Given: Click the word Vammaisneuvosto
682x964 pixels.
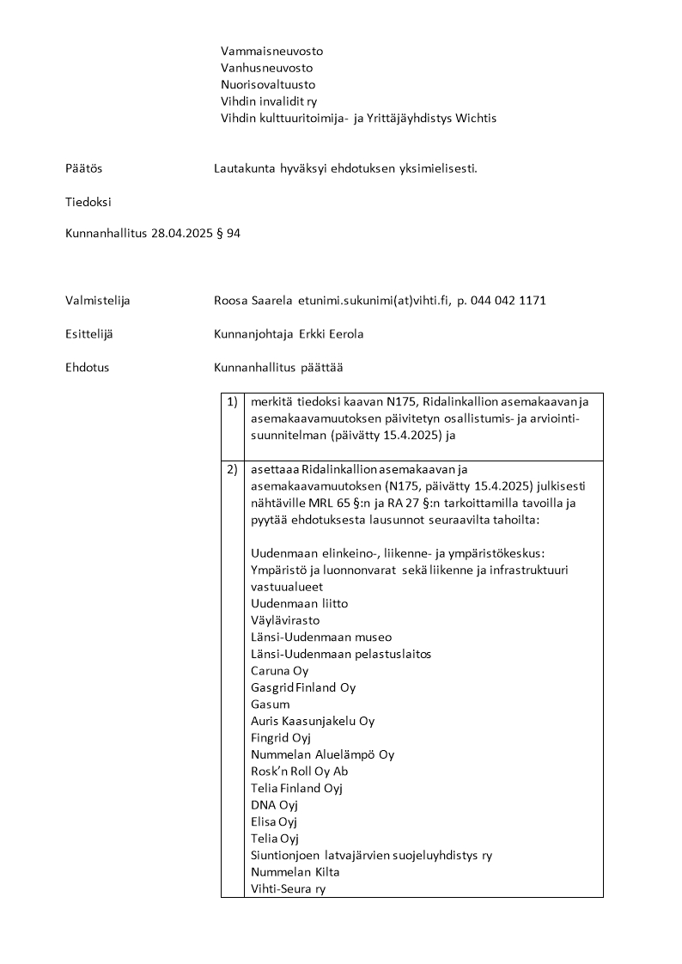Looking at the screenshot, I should coord(271,51).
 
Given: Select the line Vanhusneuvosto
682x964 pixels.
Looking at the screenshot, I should coord(266,68).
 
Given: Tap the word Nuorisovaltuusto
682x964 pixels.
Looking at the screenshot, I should coord(268,85).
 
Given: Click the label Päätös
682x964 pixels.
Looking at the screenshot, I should coord(83,168).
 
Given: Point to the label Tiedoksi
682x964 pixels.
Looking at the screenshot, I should coord(88,203).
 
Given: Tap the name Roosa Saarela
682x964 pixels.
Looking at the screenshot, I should coord(253,301).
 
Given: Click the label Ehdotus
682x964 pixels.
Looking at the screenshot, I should coord(87,368).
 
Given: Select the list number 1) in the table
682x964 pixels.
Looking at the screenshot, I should coord(232,401).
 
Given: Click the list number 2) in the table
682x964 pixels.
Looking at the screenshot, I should coord(232,469).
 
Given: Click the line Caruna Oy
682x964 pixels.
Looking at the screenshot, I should coord(279,671).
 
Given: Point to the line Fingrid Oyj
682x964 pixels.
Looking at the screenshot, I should coord(281,738).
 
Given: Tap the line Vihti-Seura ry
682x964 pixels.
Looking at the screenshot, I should coord(288,889).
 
